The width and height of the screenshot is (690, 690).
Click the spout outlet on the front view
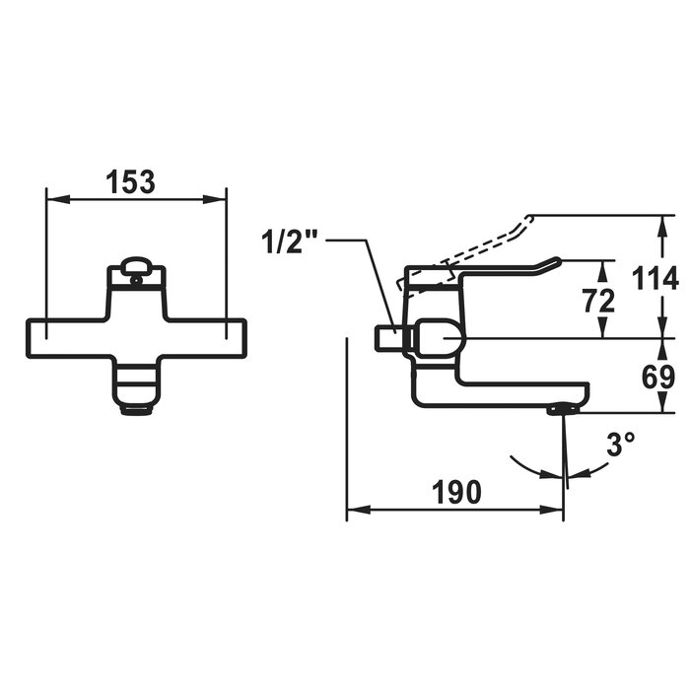click(x=136, y=404)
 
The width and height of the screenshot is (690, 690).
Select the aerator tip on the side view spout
click(x=562, y=408)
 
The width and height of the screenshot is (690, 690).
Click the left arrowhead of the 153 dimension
click(x=53, y=199)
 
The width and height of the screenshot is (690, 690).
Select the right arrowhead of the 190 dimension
click(x=556, y=511)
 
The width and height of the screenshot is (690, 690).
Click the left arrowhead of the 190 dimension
click(x=354, y=511)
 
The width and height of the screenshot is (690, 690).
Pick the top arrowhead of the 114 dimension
click(x=658, y=220)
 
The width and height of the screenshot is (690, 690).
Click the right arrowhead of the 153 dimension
click(x=220, y=199)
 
